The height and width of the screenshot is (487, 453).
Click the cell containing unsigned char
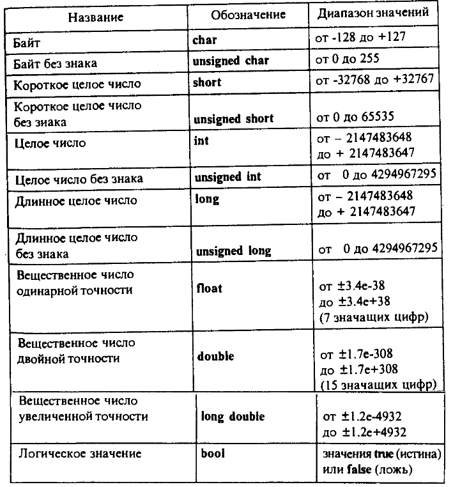(231, 61)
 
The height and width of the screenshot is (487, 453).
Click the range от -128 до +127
(365, 38)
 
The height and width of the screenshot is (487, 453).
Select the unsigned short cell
(233, 118)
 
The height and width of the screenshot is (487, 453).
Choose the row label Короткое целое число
(77, 84)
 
